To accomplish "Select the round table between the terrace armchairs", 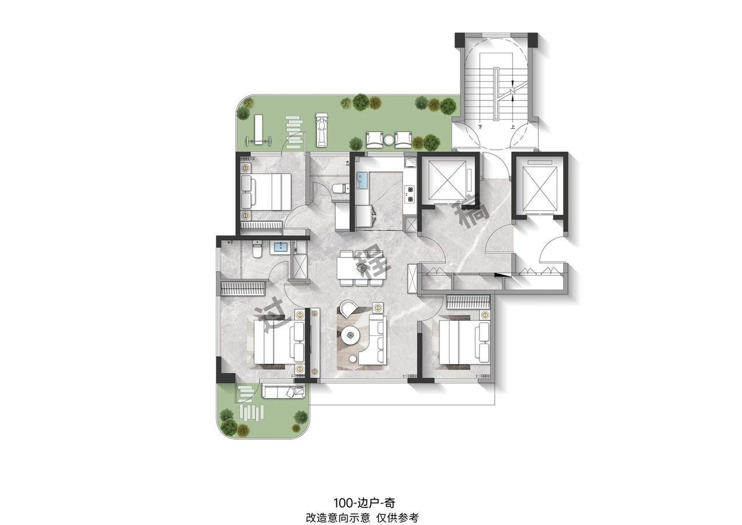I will pos(388,139).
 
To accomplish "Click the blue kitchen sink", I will pos(362,181).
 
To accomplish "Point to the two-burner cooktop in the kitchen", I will pos(410,194).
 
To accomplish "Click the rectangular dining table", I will pos(362,268).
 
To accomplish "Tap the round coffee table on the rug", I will pos(351,334).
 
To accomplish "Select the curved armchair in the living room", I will pos(349,308).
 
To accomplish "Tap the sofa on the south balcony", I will pos(282,392).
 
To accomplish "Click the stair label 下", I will pos(480,126).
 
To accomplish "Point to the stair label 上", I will pos(512,126).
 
